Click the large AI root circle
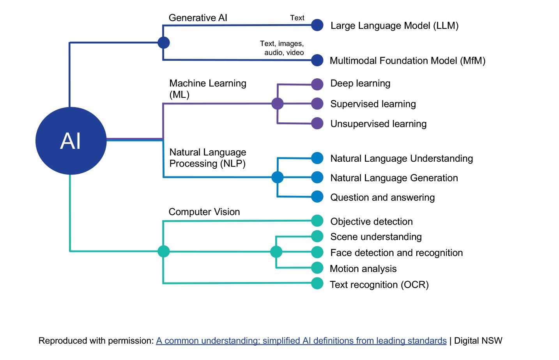(x=71, y=141)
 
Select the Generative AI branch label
(x=198, y=18)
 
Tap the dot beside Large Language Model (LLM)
(x=317, y=25)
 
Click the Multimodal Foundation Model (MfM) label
(x=407, y=61)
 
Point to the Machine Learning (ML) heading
(x=207, y=89)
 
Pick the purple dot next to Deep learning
(x=317, y=84)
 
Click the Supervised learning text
(x=373, y=104)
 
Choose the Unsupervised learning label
(x=378, y=124)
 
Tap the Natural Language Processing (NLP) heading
(x=207, y=158)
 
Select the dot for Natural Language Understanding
(x=317, y=158)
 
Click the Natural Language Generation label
(x=394, y=178)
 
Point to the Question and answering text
(x=382, y=198)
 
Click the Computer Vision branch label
(x=204, y=212)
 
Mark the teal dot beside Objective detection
(x=317, y=221)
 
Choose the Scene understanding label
(x=376, y=237)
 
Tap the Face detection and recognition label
(x=396, y=253)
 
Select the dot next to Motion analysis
(x=317, y=268)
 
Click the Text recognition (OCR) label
(x=379, y=285)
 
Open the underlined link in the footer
(x=301, y=341)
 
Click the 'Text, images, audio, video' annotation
(x=282, y=48)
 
